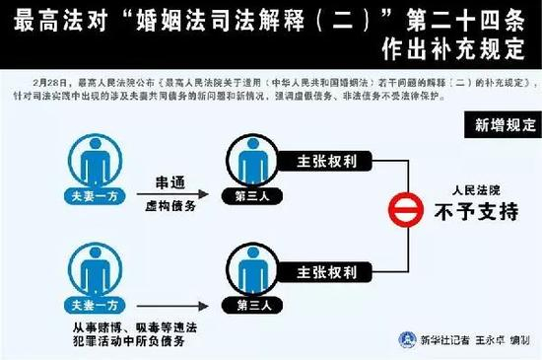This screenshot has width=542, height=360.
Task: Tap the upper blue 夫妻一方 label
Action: click(98, 196)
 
